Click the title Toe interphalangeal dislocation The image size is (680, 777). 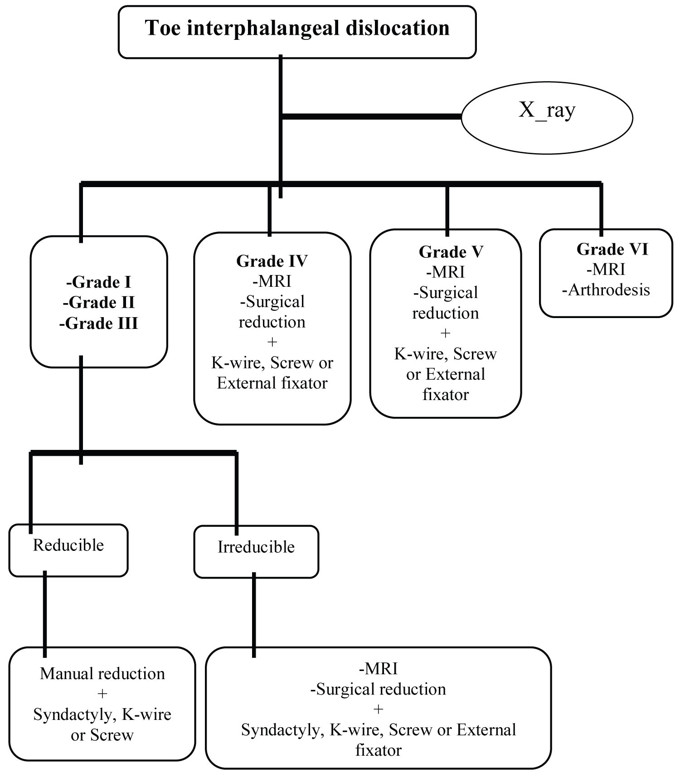(297, 28)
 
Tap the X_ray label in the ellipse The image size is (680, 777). (547, 110)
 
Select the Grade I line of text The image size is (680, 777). (99, 282)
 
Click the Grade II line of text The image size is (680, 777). (99, 303)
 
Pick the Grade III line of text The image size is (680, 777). (99, 323)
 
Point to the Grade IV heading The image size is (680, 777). (272, 261)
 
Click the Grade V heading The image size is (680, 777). (451, 252)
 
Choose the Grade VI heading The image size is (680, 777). (612, 249)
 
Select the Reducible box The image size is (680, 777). (68, 550)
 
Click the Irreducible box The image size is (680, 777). (256, 551)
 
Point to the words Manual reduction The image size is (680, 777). (102, 674)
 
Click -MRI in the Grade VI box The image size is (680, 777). (606, 270)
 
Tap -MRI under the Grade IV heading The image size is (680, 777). (272, 281)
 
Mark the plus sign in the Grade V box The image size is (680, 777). (445, 333)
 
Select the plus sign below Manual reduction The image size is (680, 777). (102, 694)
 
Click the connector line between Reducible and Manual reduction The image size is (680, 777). (45, 612)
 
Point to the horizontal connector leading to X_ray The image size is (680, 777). (372, 117)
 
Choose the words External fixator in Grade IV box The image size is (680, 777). (272, 383)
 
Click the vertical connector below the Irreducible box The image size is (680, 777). (253, 612)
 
